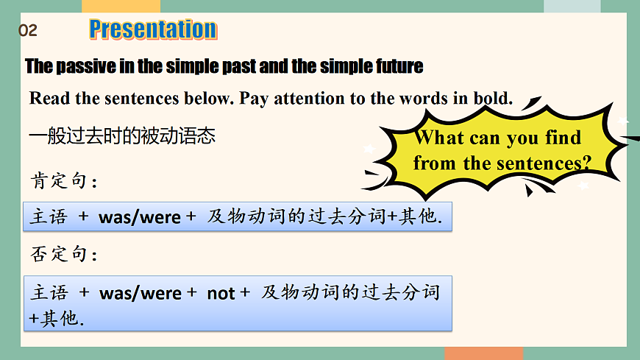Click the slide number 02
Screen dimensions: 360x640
tap(27, 31)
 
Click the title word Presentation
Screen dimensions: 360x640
tap(153, 29)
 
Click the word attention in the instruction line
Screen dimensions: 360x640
tap(308, 99)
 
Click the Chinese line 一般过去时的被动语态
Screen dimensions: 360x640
tap(122, 136)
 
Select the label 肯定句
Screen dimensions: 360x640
tap(62, 180)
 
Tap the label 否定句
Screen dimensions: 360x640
tap(62, 254)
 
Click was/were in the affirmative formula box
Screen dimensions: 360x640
tap(140, 217)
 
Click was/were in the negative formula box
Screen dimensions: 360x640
tap(140, 293)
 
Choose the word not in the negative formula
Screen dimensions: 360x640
tap(221, 293)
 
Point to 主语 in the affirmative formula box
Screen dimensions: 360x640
tap(49, 217)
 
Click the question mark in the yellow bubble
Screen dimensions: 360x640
tap(586, 163)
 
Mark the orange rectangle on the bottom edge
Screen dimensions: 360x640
tap(483, 353)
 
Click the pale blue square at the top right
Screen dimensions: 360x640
tap(572, 6)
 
